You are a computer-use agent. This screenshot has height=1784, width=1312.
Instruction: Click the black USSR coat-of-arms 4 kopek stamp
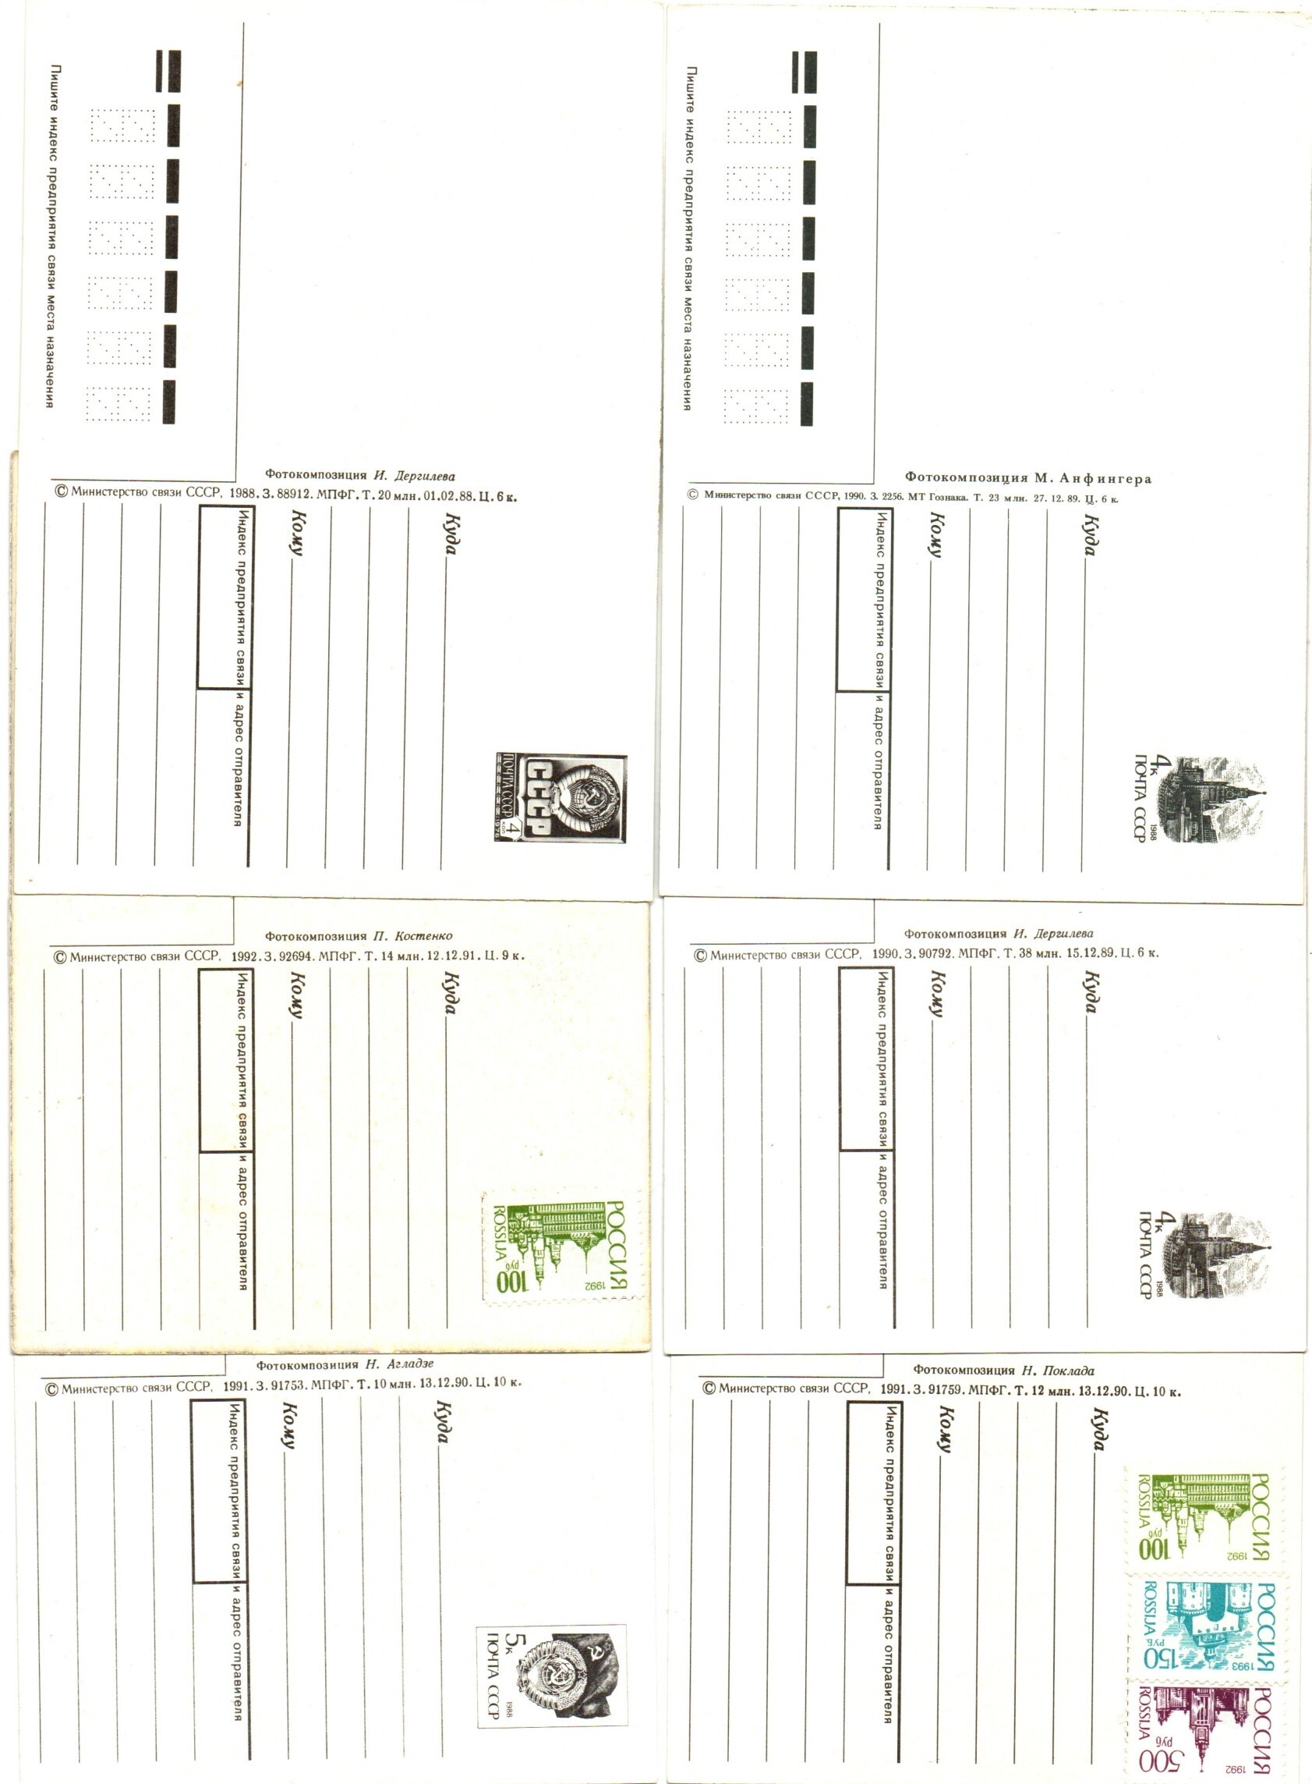pos(561,797)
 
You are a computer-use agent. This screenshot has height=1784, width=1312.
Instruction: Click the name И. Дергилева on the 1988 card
pos(415,476)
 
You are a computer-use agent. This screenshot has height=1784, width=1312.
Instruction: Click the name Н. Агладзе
pos(400,1364)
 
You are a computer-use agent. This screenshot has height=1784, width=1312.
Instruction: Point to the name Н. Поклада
pos(1058,1370)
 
